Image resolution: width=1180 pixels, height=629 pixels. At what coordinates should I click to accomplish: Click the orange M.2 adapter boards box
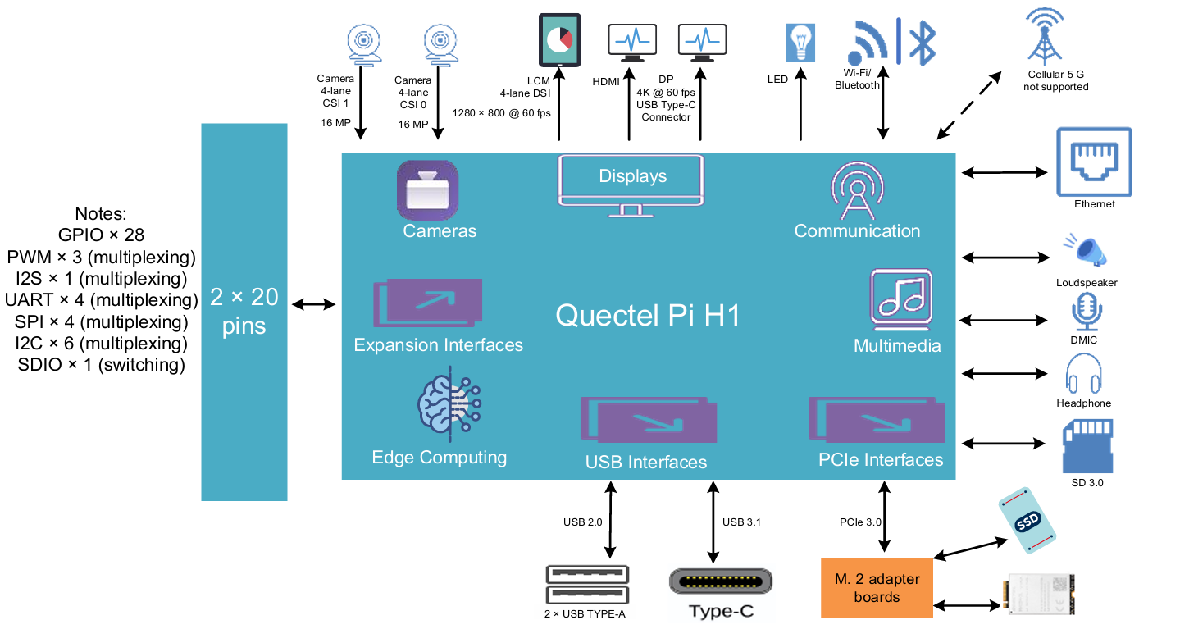click(877, 588)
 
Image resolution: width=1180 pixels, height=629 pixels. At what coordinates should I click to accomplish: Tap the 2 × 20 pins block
click(244, 312)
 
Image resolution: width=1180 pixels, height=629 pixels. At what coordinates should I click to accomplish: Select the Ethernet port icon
click(1094, 162)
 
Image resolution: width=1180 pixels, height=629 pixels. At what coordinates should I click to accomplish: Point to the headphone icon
click(1083, 374)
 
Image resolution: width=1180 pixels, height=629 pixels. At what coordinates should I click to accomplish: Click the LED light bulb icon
click(800, 42)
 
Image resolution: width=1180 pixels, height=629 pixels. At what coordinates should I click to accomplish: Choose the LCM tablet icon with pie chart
click(559, 40)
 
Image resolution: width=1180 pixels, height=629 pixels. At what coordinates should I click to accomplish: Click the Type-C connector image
click(721, 581)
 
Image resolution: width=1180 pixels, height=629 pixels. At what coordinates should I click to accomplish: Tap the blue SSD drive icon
click(1027, 521)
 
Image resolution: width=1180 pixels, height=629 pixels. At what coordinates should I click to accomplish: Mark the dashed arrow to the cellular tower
click(969, 104)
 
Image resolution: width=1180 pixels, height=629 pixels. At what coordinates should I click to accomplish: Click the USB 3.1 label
click(741, 522)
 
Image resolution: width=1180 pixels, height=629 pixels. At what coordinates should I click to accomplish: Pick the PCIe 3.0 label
click(860, 522)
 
